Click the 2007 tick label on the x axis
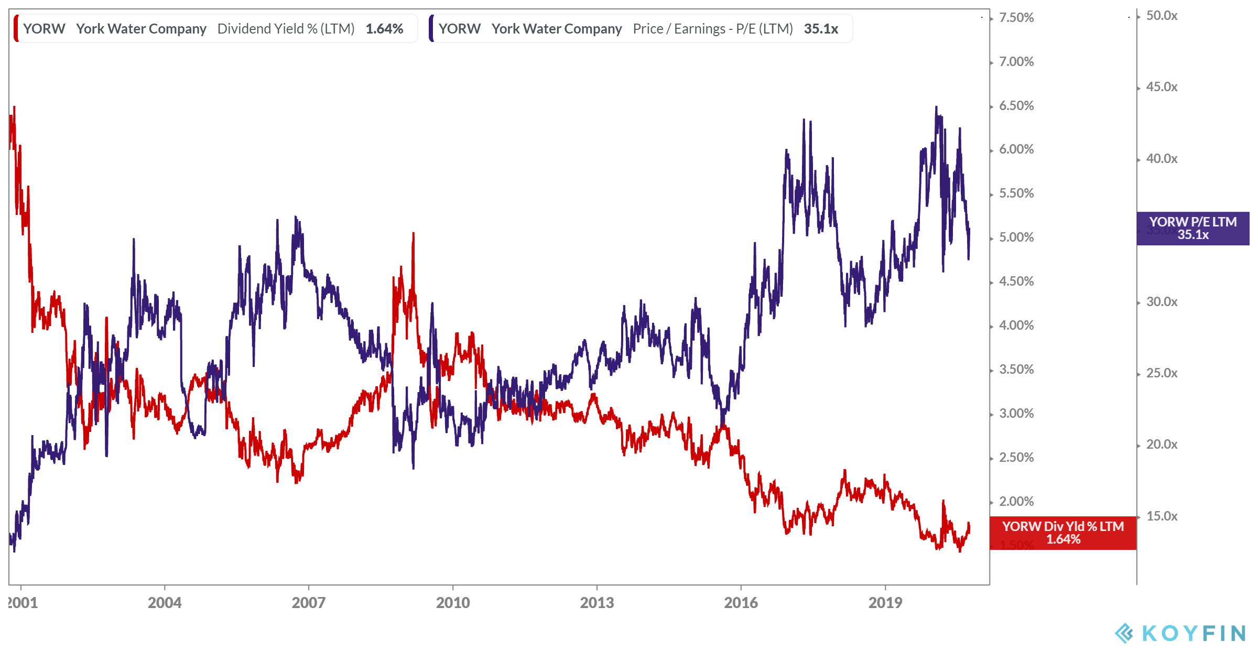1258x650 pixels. click(x=308, y=603)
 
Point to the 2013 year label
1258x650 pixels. click(x=597, y=603)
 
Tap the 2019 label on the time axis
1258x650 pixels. click(x=885, y=603)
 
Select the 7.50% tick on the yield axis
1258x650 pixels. click(x=1016, y=18)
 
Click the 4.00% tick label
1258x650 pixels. click(x=1016, y=326)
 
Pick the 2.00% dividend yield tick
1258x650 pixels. click(x=1016, y=502)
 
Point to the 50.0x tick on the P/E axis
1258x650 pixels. click(x=1162, y=16)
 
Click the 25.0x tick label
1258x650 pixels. click(x=1162, y=373)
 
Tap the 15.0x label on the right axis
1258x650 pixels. click(x=1162, y=516)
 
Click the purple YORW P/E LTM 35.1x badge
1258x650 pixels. click(x=1192, y=229)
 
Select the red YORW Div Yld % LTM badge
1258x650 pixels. click(x=1062, y=533)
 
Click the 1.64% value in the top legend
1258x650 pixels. click(x=384, y=29)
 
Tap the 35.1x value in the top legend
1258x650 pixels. click(x=821, y=29)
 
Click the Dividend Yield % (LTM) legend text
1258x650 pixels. click(x=286, y=29)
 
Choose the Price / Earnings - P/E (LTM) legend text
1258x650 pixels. click(x=712, y=29)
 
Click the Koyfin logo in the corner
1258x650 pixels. click(x=1179, y=633)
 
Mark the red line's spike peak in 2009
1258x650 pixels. click(x=414, y=234)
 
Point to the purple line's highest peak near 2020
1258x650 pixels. click(x=936, y=107)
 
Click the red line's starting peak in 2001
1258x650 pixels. click(x=14, y=107)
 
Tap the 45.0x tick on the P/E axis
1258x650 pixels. click(x=1162, y=87)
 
